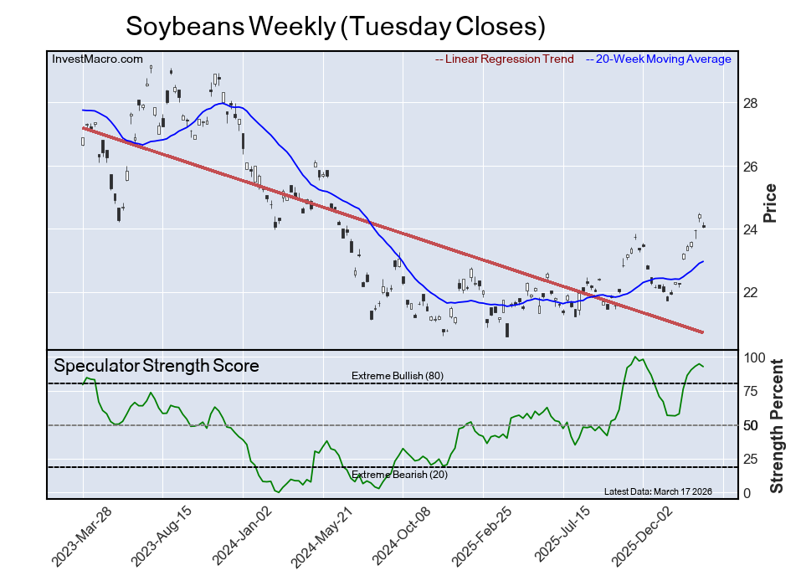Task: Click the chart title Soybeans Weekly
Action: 335,26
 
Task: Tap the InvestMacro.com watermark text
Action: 97,59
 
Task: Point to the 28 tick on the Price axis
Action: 751,103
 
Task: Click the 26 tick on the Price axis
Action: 751,167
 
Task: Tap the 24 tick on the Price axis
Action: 751,229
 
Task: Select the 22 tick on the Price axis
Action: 751,292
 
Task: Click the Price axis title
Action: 771,203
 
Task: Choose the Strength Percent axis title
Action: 777,425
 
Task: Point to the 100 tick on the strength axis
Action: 755,357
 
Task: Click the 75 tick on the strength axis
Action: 752,391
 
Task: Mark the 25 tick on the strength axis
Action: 752,460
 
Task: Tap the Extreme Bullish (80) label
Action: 398,375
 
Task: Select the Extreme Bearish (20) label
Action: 398,476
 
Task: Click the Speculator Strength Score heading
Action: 157,366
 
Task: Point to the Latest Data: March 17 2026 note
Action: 657,491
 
